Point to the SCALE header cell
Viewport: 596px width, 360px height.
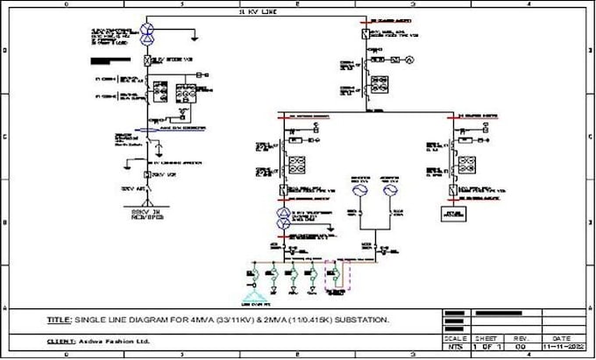[x=455, y=337]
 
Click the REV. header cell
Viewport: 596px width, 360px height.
[x=521, y=337]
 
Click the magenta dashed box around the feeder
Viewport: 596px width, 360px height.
[x=337, y=278]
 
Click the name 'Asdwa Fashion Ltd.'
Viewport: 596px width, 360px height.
[x=111, y=341]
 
